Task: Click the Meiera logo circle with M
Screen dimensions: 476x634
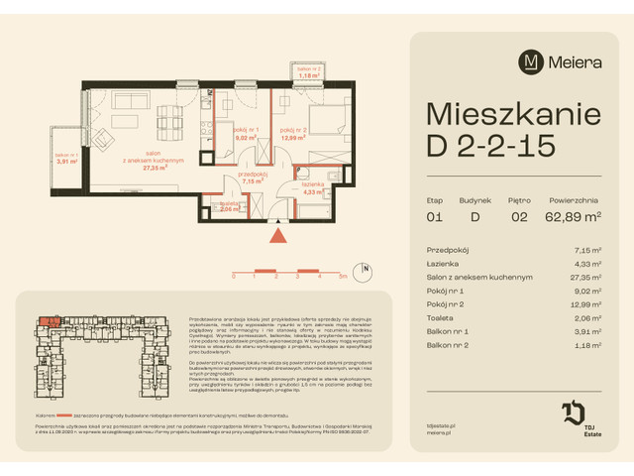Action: (531, 61)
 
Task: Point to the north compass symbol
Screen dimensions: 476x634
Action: (366, 268)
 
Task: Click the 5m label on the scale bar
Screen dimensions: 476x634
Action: (341, 279)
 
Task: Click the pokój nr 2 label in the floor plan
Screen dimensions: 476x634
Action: (294, 130)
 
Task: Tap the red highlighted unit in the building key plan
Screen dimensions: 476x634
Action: (48, 320)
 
